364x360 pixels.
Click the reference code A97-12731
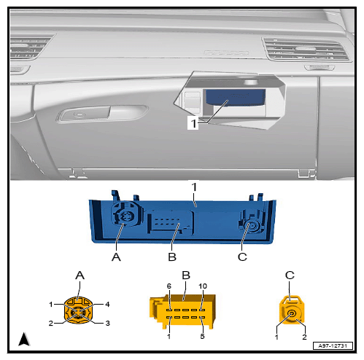point(333,345)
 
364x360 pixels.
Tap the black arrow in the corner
point(24,339)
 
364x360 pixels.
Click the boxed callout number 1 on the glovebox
point(193,123)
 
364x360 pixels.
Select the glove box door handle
point(102,113)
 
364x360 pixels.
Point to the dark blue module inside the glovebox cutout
point(236,98)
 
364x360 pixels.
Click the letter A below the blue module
point(116,257)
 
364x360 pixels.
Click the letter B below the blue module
point(172,257)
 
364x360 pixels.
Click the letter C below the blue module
point(242,257)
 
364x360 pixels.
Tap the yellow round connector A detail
point(78,310)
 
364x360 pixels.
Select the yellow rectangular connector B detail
point(182,311)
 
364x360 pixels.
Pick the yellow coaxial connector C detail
point(292,310)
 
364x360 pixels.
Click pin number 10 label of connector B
point(203,286)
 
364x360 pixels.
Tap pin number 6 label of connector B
point(169,286)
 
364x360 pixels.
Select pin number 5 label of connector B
point(202,336)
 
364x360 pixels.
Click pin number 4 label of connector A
point(107,304)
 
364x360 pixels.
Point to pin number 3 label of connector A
point(107,323)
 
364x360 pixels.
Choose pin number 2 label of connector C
point(304,337)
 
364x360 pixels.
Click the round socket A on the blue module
point(126,215)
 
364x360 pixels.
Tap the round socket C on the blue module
point(252,225)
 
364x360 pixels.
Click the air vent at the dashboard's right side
point(307,50)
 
